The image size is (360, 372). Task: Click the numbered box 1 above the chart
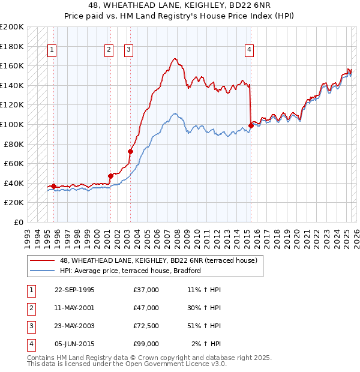click(52, 50)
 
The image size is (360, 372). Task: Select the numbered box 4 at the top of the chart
click(248, 50)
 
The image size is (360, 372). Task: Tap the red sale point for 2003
click(130, 151)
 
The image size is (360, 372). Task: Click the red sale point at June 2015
click(251, 125)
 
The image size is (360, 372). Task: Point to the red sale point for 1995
click(53, 186)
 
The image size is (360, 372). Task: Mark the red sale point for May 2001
click(110, 176)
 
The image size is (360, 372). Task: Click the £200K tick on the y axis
click(12, 27)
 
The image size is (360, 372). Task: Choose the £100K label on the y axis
click(12, 124)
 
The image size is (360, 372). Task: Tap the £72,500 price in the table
click(146, 326)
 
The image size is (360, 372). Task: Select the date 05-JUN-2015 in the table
click(74, 344)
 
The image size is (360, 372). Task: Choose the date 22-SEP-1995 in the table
click(74, 290)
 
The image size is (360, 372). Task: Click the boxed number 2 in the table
click(30, 308)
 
